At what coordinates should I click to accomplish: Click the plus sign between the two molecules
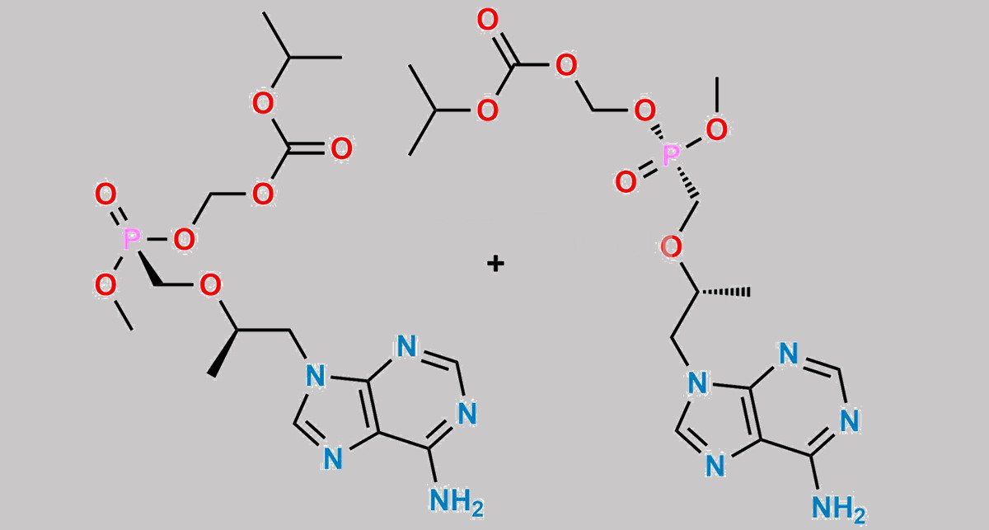pyautogui.click(x=495, y=264)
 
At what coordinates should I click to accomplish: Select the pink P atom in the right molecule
pyautogui.click(x=671, y=156)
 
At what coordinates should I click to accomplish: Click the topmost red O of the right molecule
pyautogui.click(x=488, y=21)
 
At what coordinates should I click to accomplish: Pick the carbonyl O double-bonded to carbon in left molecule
pyautogui.click(x=341, y=149)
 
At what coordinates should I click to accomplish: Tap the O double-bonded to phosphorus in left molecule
pyautogui.click(x=105, y=195)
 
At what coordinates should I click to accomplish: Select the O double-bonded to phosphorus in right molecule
pyautogui.click(x=626, y=181)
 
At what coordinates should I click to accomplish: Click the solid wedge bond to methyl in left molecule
pyautogui.click(x=225, y=354)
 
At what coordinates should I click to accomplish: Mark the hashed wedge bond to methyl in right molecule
pyautogui.click(x=724, y=292)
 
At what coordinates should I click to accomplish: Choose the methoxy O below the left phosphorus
pyautogui.click(x=105, y=285)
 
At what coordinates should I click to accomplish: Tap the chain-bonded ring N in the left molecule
pyautogui.click(x=316, y=374)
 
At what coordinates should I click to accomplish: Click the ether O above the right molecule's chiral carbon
pyautogui.click(x=671, y=246)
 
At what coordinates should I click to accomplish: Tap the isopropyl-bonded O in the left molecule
pyautogui.click(x=263, y=104)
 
